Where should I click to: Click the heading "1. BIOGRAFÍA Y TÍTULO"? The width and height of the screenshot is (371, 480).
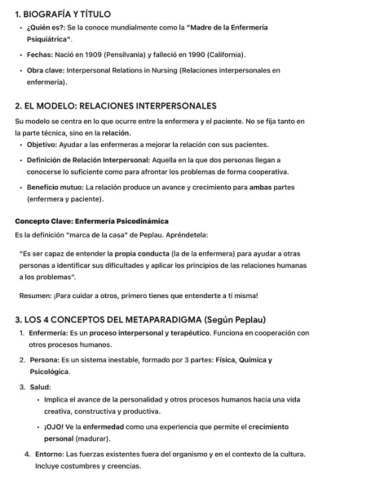click(x=63, y=14)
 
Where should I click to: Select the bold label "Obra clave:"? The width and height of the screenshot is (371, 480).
click(x=45, y=71)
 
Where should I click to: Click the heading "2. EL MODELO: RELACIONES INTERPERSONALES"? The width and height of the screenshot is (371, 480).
click(x=116, y=106)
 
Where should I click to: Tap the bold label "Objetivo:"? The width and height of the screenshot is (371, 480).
click(x=41, y=144)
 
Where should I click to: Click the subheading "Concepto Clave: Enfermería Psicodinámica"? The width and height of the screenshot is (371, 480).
click(x=92, y=221)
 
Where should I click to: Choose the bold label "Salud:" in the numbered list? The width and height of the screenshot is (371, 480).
click(x=40, y=387)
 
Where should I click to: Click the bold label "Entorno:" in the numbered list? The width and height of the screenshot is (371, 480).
click(x=49, y=454)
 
